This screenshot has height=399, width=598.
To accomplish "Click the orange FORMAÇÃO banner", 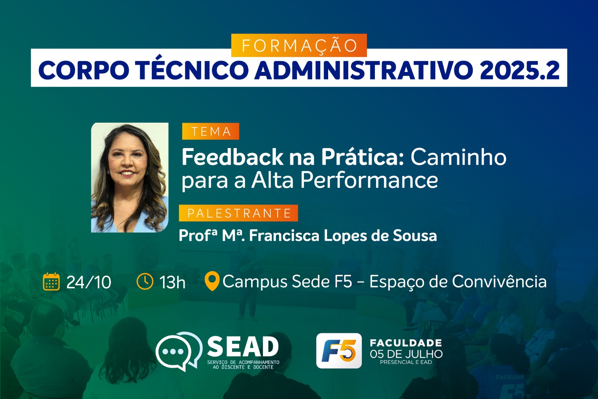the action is click(x=299, y=45).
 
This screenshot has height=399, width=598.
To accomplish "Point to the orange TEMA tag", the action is click(x=210, y=131).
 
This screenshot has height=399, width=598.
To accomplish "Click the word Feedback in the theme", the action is click(x=232, y=157).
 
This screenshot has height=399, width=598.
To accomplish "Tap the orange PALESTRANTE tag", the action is click(x=238, y=213).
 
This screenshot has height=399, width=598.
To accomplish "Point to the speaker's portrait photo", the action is click(x=130, y=177).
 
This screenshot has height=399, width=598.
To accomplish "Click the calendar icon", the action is click(x=51, y=282).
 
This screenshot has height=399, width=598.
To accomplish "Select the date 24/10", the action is click(x=89, y=282).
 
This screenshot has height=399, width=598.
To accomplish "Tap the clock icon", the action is click(x=145, y=281).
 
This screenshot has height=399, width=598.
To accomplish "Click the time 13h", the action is click(x=172, y=282).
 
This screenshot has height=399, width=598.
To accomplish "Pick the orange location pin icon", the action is click(x=212, y=281).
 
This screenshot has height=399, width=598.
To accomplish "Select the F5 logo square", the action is click(x=339, y=351).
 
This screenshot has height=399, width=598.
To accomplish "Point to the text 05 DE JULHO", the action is click(x=406, y=354).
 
